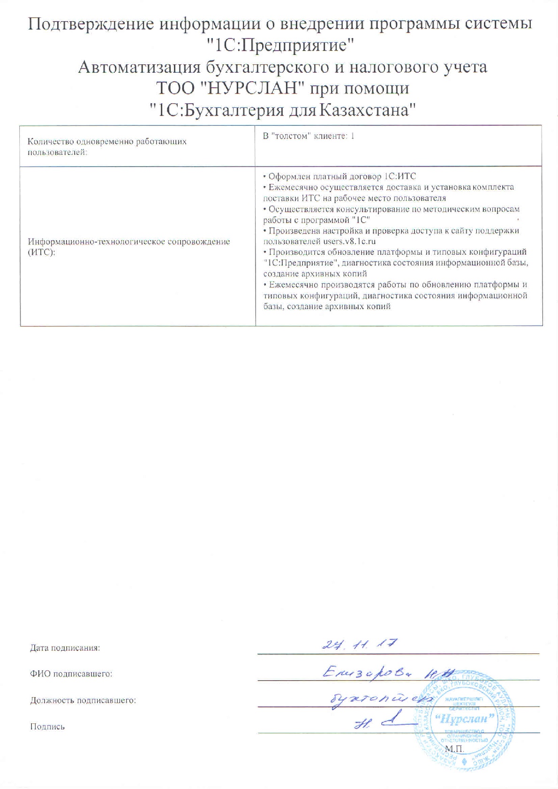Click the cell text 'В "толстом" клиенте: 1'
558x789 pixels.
coord(309,136)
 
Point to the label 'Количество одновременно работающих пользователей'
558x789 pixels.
coord(107,146)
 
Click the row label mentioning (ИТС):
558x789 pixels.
coord(129,247)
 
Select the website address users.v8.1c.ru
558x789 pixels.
coord(349,242)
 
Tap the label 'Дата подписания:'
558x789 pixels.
coord(65,648)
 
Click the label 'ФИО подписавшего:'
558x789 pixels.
coord(71,674)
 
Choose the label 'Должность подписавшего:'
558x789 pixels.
coord(83,700)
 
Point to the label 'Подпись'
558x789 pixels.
coord(47,727)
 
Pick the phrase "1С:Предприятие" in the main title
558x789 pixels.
coord(280,46)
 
